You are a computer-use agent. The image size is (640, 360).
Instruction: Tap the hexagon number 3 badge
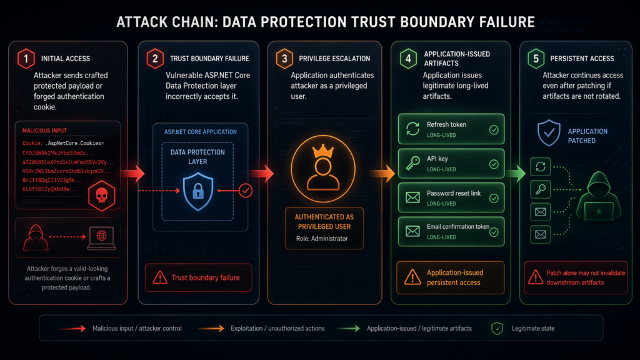tap(284, 58)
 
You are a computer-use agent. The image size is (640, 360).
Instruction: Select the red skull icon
tap(99, 196)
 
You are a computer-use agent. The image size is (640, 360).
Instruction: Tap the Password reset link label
tap(454, 193)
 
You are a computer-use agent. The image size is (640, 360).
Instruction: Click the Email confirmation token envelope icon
tap(412, 231)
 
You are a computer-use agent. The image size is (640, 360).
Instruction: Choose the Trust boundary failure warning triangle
tap(161, 277)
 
